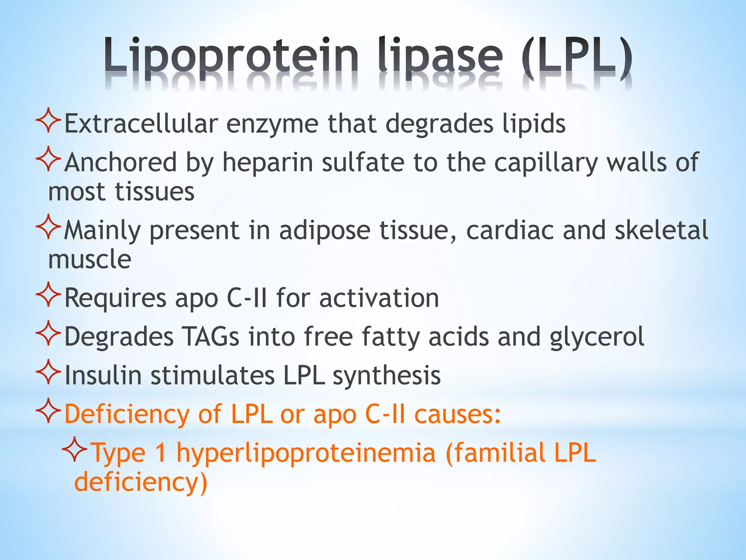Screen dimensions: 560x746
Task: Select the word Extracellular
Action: pos(141,124)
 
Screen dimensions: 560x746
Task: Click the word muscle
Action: pos(90,259)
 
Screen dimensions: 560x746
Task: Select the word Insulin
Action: pos(103,375)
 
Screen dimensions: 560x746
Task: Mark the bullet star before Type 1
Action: pos(74,449)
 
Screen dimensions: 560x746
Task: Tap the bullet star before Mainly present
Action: pos(48,227)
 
